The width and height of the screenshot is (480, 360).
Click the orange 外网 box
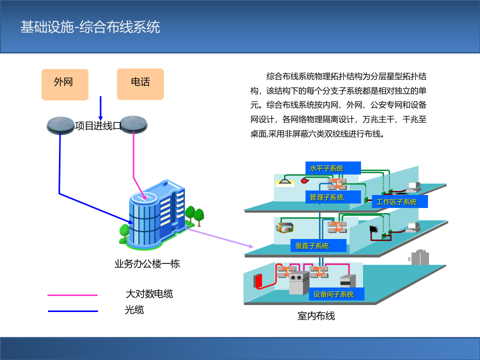tap(64, 84)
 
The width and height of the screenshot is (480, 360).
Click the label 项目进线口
tap(98, 125)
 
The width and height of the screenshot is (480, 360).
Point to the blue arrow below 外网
tap(100, 108)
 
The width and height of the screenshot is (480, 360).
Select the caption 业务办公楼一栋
tap(147, 263)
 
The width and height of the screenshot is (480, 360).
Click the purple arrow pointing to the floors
tap(220, 237)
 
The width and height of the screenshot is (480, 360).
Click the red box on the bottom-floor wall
tap(258, 281)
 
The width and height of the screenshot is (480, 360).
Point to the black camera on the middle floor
tap(372, 229)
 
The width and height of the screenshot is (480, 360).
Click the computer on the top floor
tap(413, 188)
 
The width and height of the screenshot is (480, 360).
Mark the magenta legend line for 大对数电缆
tap(72, 295)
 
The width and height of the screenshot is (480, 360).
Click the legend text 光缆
tap(134, 310)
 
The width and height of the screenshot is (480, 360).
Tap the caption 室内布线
tap(316, 316)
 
